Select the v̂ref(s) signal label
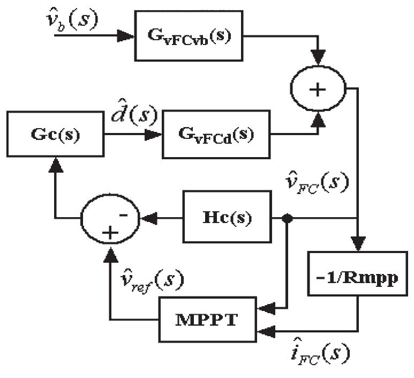point(153,279)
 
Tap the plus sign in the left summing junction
point(110,232)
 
